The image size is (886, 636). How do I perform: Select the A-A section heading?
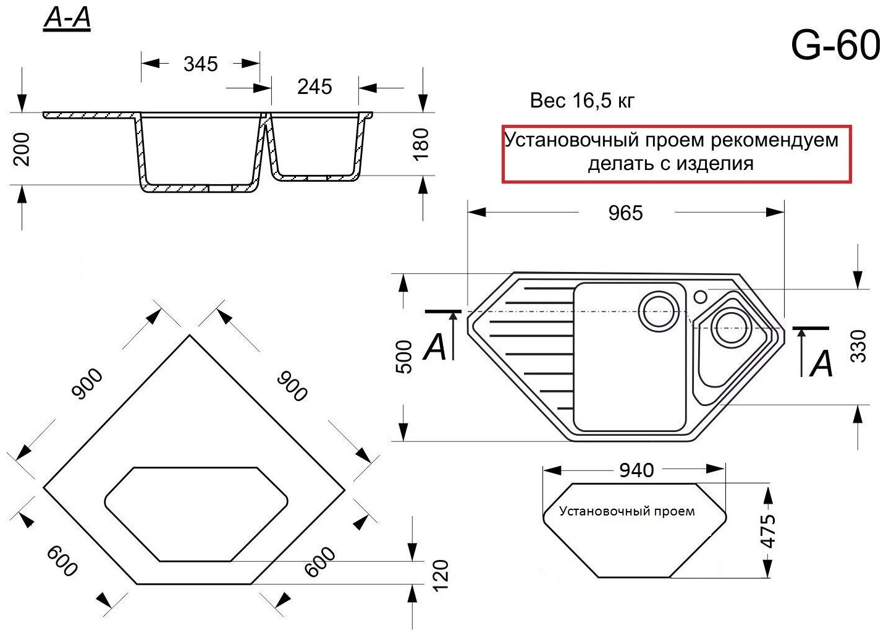pos(67,19)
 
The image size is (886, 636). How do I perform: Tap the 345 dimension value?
pos(201,64)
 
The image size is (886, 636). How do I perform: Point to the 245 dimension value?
pos(314,87)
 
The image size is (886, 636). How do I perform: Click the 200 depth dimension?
pos(22,149)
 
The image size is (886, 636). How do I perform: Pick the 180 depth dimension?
pos(421,144)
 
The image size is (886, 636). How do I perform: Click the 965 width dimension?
pos(625,213)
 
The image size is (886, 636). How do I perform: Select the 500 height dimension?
pos(403,357)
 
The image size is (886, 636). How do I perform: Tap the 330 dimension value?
pos(858,346)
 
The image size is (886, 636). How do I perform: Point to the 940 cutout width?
pos(636,470)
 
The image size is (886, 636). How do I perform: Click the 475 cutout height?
pos(768,530)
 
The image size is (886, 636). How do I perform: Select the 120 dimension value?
pos(441,575)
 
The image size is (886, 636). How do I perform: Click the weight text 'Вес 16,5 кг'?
pos(582,101)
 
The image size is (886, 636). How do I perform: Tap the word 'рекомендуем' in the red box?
pos(774,140)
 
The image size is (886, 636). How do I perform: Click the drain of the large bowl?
pos(658,310)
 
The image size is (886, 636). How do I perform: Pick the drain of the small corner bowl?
pos(731,326)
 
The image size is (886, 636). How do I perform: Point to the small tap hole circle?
pos(700,297)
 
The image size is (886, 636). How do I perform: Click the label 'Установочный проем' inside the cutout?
pos(627,512)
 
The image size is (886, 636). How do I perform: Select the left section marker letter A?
pos(435,347)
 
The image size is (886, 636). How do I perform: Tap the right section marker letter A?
pos(822,364)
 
